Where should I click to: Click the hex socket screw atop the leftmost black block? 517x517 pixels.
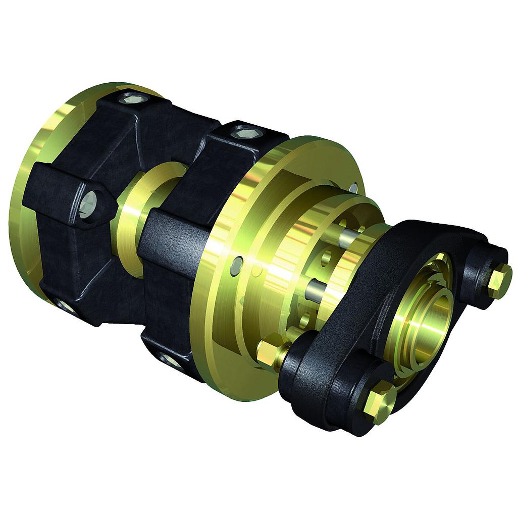(x=134, y=98)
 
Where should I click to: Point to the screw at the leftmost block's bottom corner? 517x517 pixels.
(x=65, y=305)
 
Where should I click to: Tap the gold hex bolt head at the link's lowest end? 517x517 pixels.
(x=379, y=402)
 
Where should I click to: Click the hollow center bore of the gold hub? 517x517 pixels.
(x=429, y=323)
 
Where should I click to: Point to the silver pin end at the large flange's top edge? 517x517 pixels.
(x=353, y=188)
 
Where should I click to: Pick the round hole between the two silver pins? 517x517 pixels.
(x=326, y=257)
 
